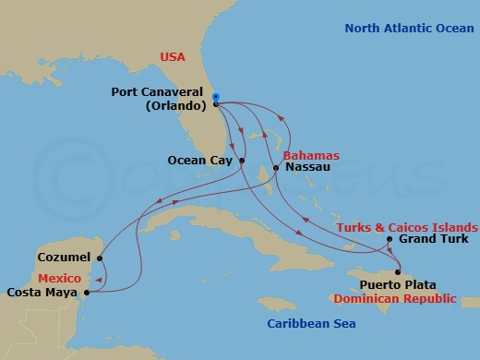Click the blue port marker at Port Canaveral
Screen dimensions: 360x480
pos(215,97)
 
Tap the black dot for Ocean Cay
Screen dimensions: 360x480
pos(242,161)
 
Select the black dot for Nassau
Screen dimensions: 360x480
pos(278,168)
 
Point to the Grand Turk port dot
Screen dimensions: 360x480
pos(390,240)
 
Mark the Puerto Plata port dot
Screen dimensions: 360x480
pos(397,271)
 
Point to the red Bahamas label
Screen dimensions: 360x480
pos(312,155)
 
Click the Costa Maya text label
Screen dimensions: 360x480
pos(42,294)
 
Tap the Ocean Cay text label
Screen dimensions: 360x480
pos(200,161)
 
